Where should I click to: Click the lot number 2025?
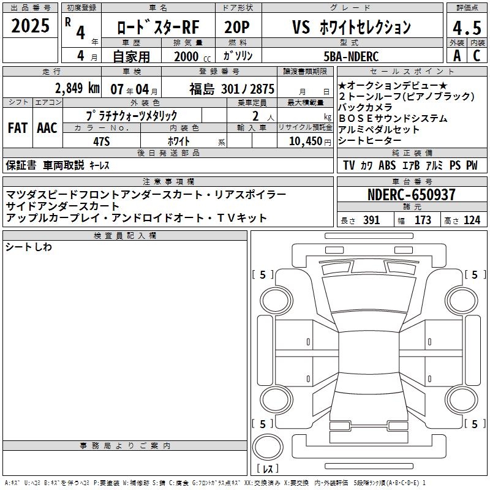(30, 26)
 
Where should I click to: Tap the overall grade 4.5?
(467, 28)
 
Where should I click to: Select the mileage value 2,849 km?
(77, 88)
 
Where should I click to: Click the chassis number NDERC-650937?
(412, 195)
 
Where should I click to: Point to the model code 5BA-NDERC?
(351, 56)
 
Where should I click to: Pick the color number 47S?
(102, 141)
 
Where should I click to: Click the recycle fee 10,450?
(306, 141)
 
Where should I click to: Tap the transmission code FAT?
(18, 128)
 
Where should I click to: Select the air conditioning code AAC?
(47, 128)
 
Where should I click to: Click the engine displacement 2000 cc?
(192, 57)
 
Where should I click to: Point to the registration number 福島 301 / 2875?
(232, 89)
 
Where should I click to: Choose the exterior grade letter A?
(457, 56)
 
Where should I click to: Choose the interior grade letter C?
(477, 56)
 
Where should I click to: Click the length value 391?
(371, 221)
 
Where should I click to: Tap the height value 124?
(472, 221)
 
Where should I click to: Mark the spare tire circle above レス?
(268, 447)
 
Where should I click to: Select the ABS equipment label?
(387, 165)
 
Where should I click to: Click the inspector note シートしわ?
(28, 247)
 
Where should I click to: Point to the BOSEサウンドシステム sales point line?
(393, 118)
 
